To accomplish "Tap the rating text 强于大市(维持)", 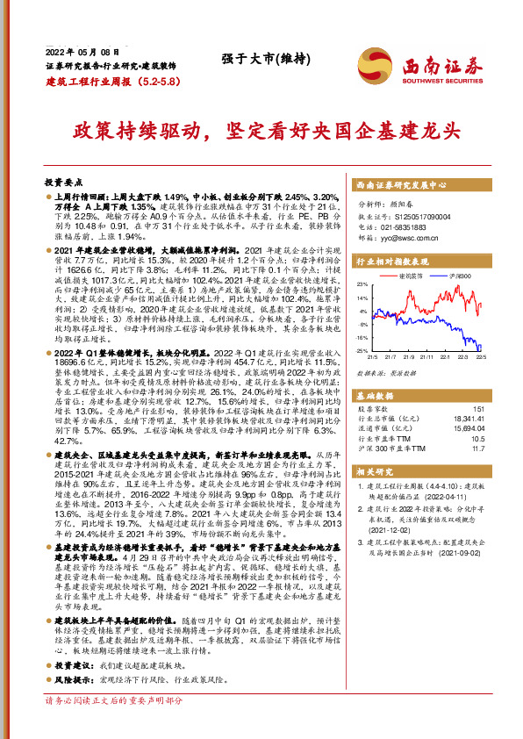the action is tap(257, 59).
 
